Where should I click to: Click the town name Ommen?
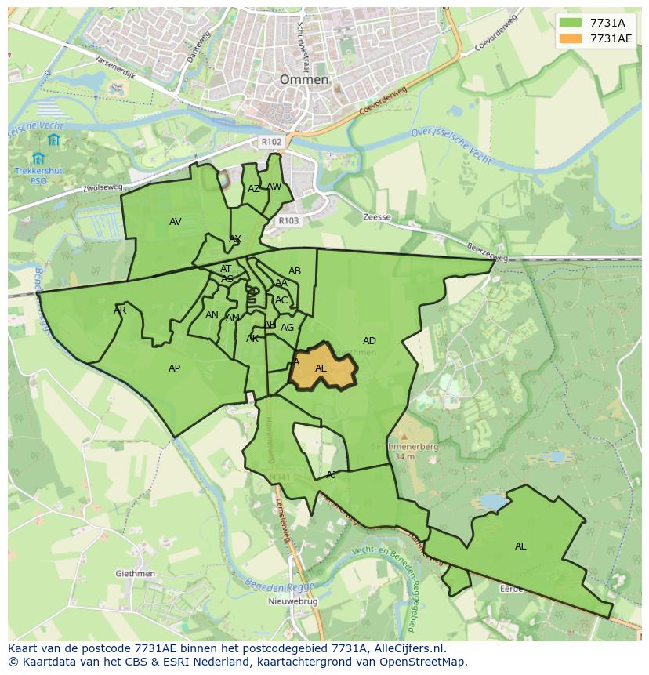pos(304,80)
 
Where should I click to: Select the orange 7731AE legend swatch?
pos(571,38)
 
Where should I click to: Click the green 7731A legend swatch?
pos(571,23)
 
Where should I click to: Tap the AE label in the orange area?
pos(321,368)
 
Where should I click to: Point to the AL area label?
pos(520,546)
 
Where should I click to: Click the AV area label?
pos(176,222)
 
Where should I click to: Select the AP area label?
pos(174,368)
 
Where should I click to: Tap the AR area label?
pos(120,310)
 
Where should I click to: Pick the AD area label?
pos(369,341)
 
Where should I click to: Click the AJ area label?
pos(331,475)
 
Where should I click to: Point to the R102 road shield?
pos(271,142)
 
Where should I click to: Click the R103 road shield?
pos(288,221)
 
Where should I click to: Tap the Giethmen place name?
pos(135,574)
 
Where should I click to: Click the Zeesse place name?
pos(377,217)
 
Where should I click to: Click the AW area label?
pos(274,187)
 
